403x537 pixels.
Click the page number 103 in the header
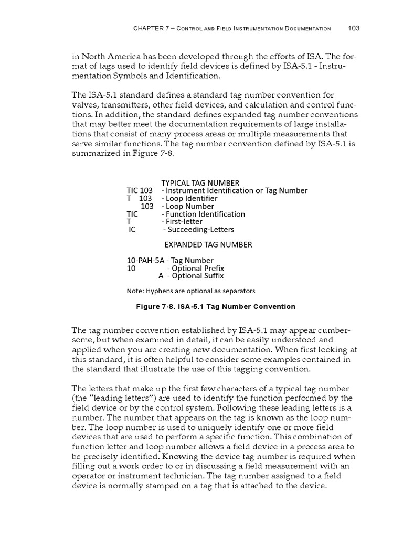354,28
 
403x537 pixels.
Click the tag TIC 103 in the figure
140,191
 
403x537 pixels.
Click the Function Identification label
203,214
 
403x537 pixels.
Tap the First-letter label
181,221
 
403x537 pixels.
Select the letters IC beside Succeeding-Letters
132,229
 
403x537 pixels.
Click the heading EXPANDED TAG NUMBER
208,245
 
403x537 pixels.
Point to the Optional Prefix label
195,268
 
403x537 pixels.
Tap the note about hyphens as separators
190,291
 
